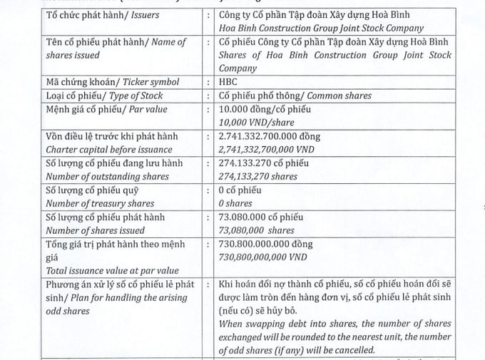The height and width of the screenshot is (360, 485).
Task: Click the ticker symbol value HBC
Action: tap(230, 83)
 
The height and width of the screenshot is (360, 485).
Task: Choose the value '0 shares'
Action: tap(237, 203)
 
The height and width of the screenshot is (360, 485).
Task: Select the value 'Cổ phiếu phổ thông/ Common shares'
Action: tap(295, 96)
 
